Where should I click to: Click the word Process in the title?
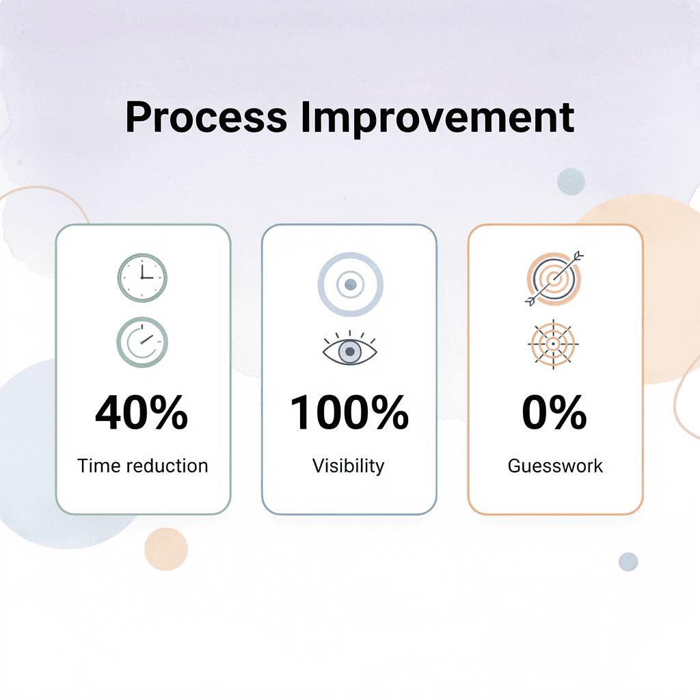206,117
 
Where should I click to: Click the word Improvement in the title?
437,117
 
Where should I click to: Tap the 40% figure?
142,413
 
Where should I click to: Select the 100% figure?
349,413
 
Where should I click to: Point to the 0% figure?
554,413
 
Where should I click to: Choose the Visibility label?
349,467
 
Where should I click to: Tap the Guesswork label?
555,466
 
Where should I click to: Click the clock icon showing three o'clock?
142,278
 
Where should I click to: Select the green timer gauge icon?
142,342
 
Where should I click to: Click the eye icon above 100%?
349,350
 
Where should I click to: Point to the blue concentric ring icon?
351,284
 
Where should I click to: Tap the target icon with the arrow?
554,278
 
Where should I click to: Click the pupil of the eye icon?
350,351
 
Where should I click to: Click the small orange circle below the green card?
166,549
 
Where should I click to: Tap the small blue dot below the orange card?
628,562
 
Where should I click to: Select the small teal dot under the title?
571,182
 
